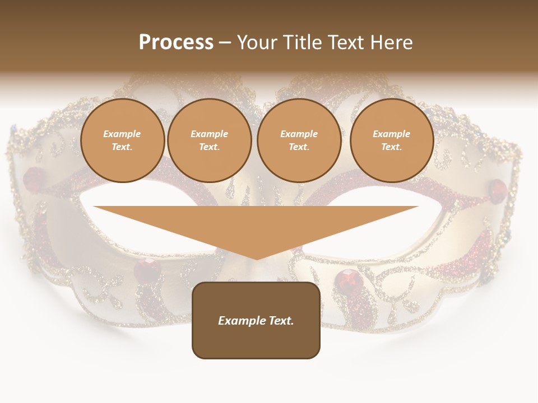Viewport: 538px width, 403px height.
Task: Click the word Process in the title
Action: (176, 43)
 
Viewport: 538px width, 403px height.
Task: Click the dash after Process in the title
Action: (225, 43)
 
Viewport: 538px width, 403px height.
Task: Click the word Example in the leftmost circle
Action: (122, 134)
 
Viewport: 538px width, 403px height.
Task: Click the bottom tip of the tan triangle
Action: (257, 259)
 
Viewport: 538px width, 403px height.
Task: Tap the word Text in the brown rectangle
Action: (282, 321)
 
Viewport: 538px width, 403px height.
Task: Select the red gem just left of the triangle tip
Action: (147, 270)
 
